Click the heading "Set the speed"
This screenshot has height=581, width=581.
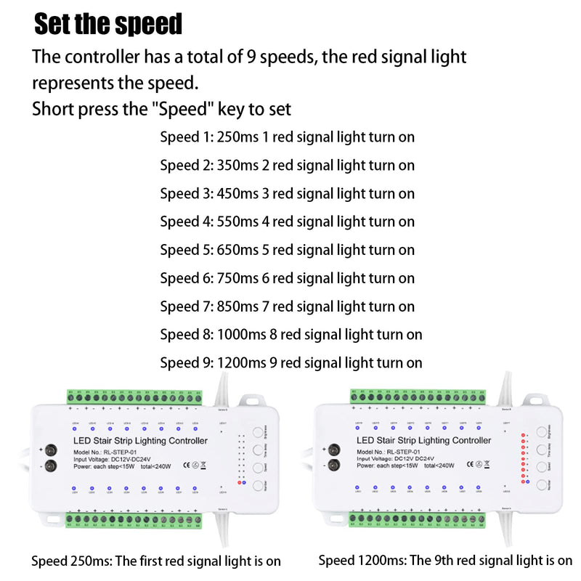(109, 24)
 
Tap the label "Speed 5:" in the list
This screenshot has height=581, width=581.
(186, 251)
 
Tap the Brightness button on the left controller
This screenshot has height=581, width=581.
(259, 431)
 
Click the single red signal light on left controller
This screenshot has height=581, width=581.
(240, 482)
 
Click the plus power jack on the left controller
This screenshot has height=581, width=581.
(51, 450)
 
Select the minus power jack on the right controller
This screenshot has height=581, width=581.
(334, 466)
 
